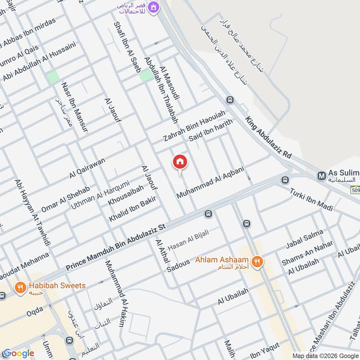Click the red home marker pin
click(180, 162)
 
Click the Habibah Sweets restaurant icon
click(20, 287)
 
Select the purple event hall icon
click(154, 7)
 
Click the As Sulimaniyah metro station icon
click(321, 175)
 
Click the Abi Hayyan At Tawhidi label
click(32, 212)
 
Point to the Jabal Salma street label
click(305, 240)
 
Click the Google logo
click(18, 353)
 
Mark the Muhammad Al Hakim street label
click(114, 293)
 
